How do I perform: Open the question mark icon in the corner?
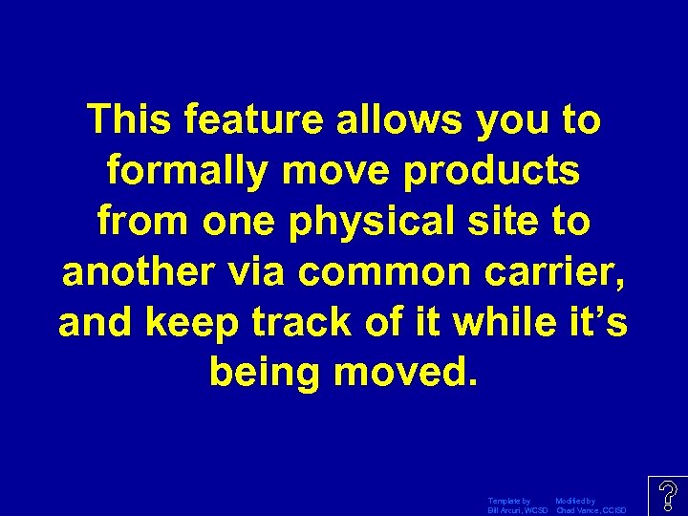(x=667, y=496)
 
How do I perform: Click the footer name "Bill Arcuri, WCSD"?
(x=517, y=510)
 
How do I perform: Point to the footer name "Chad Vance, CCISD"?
(x=591, y=510)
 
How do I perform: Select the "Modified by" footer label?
(x=575, y=501)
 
